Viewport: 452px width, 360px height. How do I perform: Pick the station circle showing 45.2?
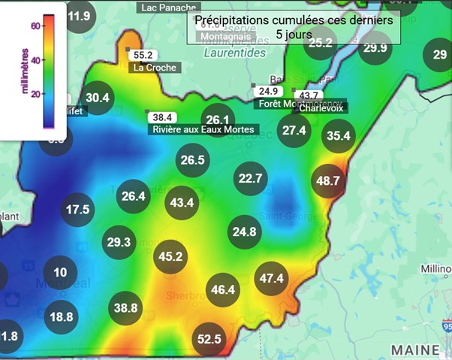[170, 257]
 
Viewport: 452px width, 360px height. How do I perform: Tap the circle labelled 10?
[60, 273]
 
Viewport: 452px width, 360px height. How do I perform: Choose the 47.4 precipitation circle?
[271, 278]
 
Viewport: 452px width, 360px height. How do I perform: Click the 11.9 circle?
[79, 16]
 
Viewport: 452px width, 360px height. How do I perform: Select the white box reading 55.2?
[143, 55]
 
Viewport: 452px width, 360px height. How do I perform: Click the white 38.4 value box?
[162, 117]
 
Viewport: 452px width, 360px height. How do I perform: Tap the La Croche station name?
[155, 68]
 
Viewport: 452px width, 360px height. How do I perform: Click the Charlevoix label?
[321, 108]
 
